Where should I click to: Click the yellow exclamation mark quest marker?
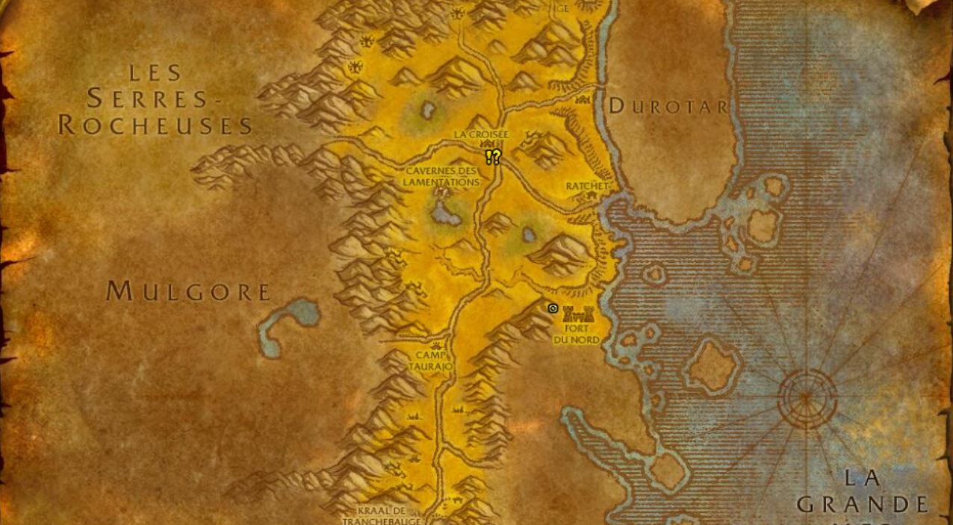point(488,157)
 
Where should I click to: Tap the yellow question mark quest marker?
point(496,156)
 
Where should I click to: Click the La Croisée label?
point(481,134)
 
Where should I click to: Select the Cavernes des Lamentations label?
point(441,177)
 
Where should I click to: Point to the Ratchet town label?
point(586,186)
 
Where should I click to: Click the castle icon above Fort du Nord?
point(578,314)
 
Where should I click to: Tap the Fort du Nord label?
point(577,334)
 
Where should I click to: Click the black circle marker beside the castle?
point(553,308)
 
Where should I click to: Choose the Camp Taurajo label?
point(430,361)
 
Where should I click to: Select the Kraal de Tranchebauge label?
point(382,515)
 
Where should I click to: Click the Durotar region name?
point(668,106)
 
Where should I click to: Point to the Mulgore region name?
point(187,291)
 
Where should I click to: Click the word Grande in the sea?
point(863,505)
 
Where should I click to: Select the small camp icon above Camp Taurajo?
point(436,346)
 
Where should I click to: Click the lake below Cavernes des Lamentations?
point(446,215)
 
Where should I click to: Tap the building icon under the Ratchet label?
point(592,196)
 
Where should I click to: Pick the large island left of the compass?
point(713,366)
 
